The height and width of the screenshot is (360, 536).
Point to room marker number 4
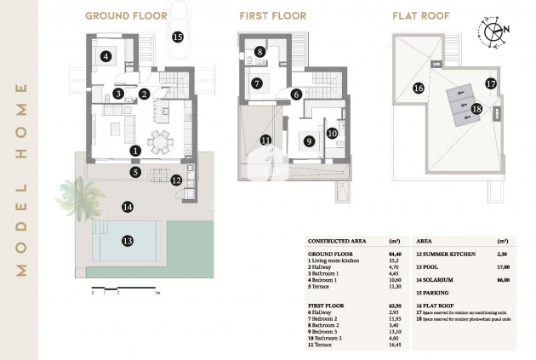click(105, 57)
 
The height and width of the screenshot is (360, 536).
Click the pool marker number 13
click(128, 241)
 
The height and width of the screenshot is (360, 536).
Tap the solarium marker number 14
click(128, 207)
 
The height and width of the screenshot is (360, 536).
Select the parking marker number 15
click(177, 37)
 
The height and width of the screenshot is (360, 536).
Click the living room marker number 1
click(135, 151)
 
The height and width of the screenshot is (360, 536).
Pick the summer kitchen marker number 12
click(176, 180)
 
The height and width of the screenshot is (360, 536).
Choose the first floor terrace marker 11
click(266, 140)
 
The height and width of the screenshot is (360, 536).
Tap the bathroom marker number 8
click(259, 52)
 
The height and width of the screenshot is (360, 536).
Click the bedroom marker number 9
click(310, 141)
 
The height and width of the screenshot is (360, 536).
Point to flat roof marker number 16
click(418, 88)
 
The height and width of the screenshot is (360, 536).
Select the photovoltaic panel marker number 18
click(476, 108)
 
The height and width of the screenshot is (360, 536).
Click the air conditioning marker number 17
click(490, 83)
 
